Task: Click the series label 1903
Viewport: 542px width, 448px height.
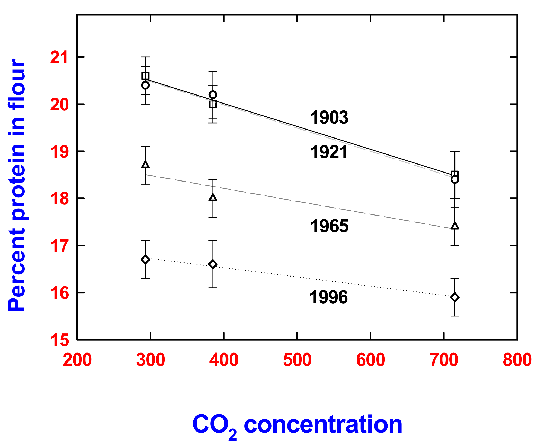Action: [x=329, y=117]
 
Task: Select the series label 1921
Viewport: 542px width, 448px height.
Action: [x=328, y=152]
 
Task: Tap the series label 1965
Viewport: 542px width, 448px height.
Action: [x=329, y=226]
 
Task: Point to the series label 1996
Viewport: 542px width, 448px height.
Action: [x=328, y=297]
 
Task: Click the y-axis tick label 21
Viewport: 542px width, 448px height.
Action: [x=59, y=57]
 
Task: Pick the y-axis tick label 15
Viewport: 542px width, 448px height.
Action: [x=59, y=340]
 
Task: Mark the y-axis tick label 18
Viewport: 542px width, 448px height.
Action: [x=59, y=199]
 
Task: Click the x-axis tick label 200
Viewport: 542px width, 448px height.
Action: [x=77, y=360]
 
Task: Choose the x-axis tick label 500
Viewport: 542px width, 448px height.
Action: [x=297, y=360]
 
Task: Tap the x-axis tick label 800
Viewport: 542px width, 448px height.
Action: [x=517, y=360]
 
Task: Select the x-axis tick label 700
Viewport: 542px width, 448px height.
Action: [x=444, y=360]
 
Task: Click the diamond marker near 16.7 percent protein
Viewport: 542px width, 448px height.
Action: [x=145, y=259]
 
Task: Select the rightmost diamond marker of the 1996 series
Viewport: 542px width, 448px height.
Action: [x=455, y=297]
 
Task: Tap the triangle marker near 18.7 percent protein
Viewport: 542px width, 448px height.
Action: [x=145, y=165]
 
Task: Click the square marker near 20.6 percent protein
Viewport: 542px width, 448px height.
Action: [x=145, y=76]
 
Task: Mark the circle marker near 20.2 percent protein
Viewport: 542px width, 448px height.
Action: [x=213, y=95]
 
